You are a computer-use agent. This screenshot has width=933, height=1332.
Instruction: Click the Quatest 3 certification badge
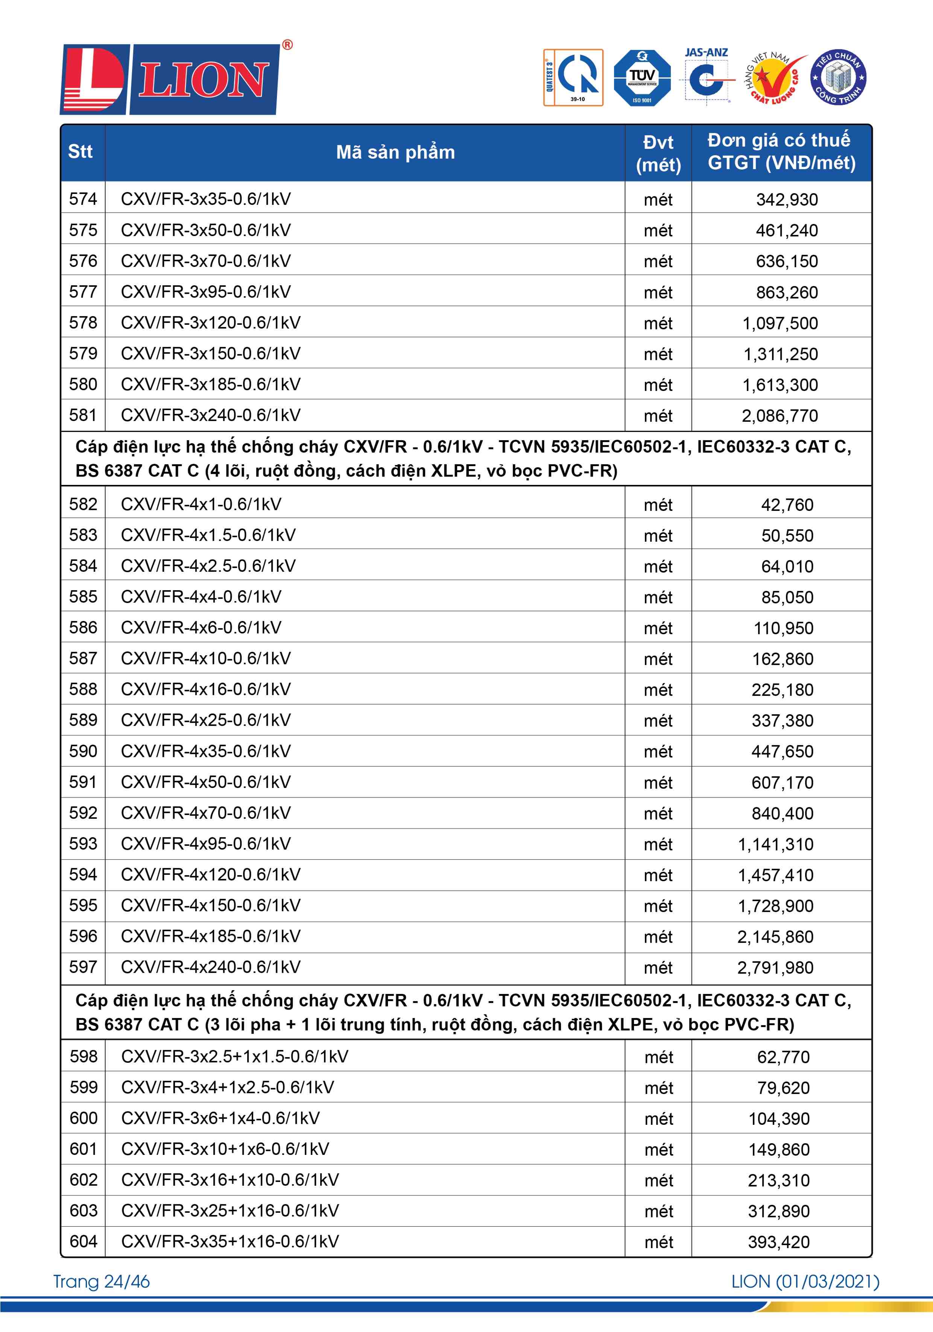[573, 78]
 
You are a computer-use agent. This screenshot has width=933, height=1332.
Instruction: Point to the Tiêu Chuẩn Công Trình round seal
[838, 77]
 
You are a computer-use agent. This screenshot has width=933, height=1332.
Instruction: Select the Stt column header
[81, 152]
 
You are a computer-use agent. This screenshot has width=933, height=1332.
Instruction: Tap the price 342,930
[786, 200]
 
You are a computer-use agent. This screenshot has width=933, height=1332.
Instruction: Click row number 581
[83, 415]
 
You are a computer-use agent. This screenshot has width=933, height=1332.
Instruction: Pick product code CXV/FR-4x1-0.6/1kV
[201, 504]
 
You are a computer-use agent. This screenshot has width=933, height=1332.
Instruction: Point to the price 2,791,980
[775, 968]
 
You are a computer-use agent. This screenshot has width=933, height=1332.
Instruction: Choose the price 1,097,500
[780, 323]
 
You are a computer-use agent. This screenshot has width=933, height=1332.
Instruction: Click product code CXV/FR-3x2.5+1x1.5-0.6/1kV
[234, 1056]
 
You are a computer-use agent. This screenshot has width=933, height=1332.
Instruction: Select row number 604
[83, 1241]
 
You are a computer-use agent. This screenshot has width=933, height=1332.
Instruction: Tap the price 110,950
[783, 628]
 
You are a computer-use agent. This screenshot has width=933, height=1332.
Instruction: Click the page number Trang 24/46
[102, 1282]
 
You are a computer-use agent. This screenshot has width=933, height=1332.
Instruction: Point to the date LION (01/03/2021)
[805, 1282]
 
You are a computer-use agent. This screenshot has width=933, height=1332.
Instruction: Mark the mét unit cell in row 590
[658, 752]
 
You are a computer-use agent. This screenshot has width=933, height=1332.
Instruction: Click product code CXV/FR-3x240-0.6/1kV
[211, 415]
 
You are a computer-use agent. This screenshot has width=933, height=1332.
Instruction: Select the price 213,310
[778, 1180]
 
